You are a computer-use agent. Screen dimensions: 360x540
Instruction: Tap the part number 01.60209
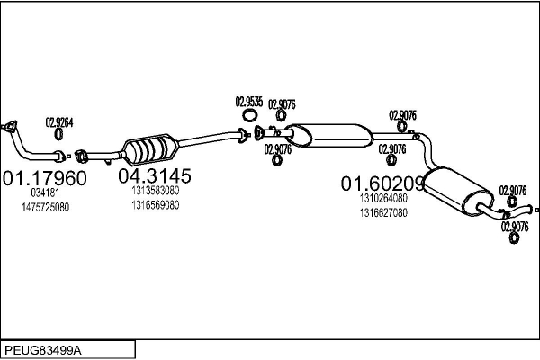(x=382, y=183)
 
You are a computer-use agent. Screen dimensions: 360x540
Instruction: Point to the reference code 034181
(x=45, y=193)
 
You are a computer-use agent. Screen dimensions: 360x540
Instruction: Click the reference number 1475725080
(x=45, y=207)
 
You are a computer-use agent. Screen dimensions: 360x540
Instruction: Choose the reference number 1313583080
(x=155, y=191)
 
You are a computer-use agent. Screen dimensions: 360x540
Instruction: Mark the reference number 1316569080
(x=155, y=204)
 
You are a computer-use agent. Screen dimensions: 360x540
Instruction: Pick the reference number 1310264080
(x=382, y=199)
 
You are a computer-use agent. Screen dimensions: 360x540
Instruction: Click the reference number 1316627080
(x=382, y=213)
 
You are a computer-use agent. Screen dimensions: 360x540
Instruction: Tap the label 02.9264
(x=59, y=122)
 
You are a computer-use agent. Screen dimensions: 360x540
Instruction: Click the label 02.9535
(x=249, y=102)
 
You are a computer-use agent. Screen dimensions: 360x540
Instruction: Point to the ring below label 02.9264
(x=59, y=135)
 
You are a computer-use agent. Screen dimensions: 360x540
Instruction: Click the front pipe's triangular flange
(x=12, y=127)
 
